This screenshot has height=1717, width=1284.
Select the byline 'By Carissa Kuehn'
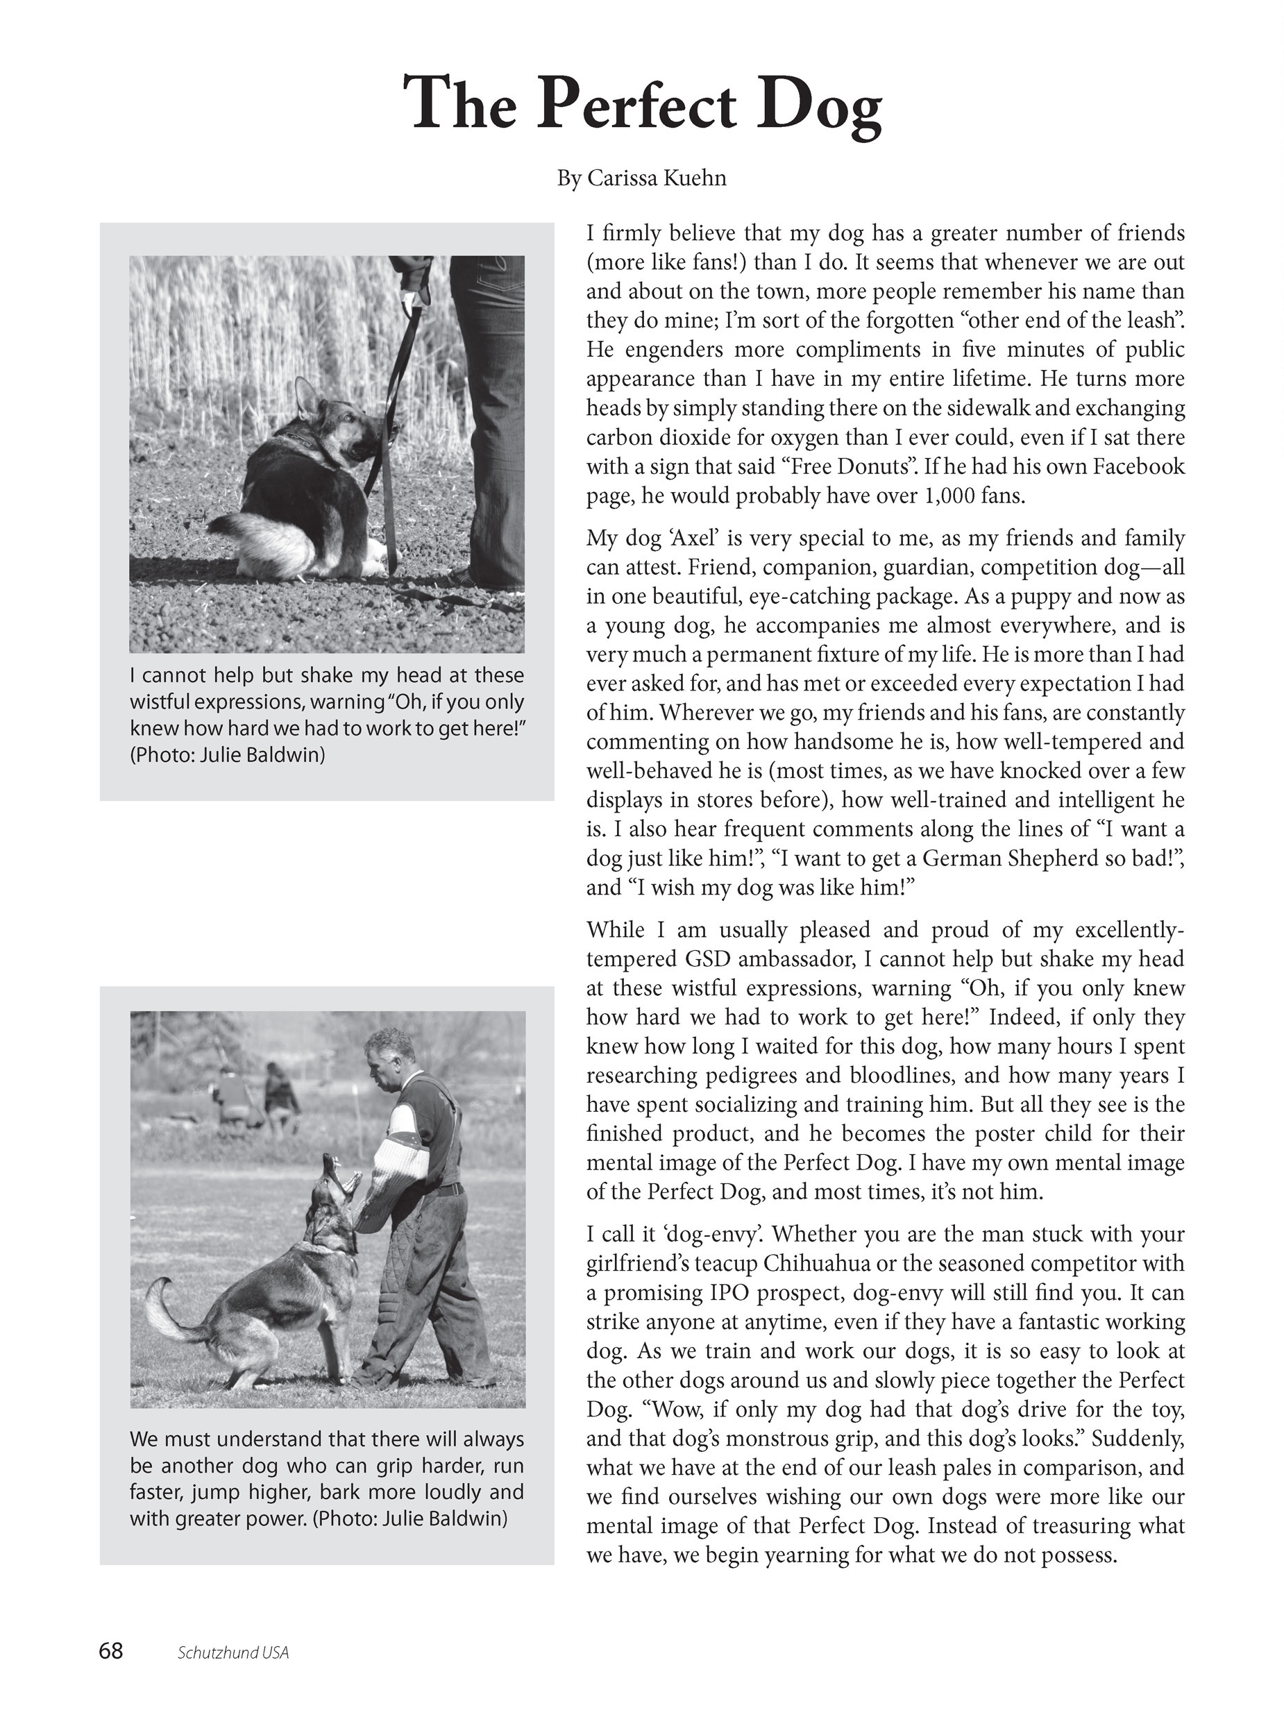[641, 178]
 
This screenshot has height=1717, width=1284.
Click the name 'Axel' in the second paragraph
[682, 538]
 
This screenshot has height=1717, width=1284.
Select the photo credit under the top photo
[228, 754]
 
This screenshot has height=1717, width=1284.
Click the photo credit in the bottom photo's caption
[410, 1519]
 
